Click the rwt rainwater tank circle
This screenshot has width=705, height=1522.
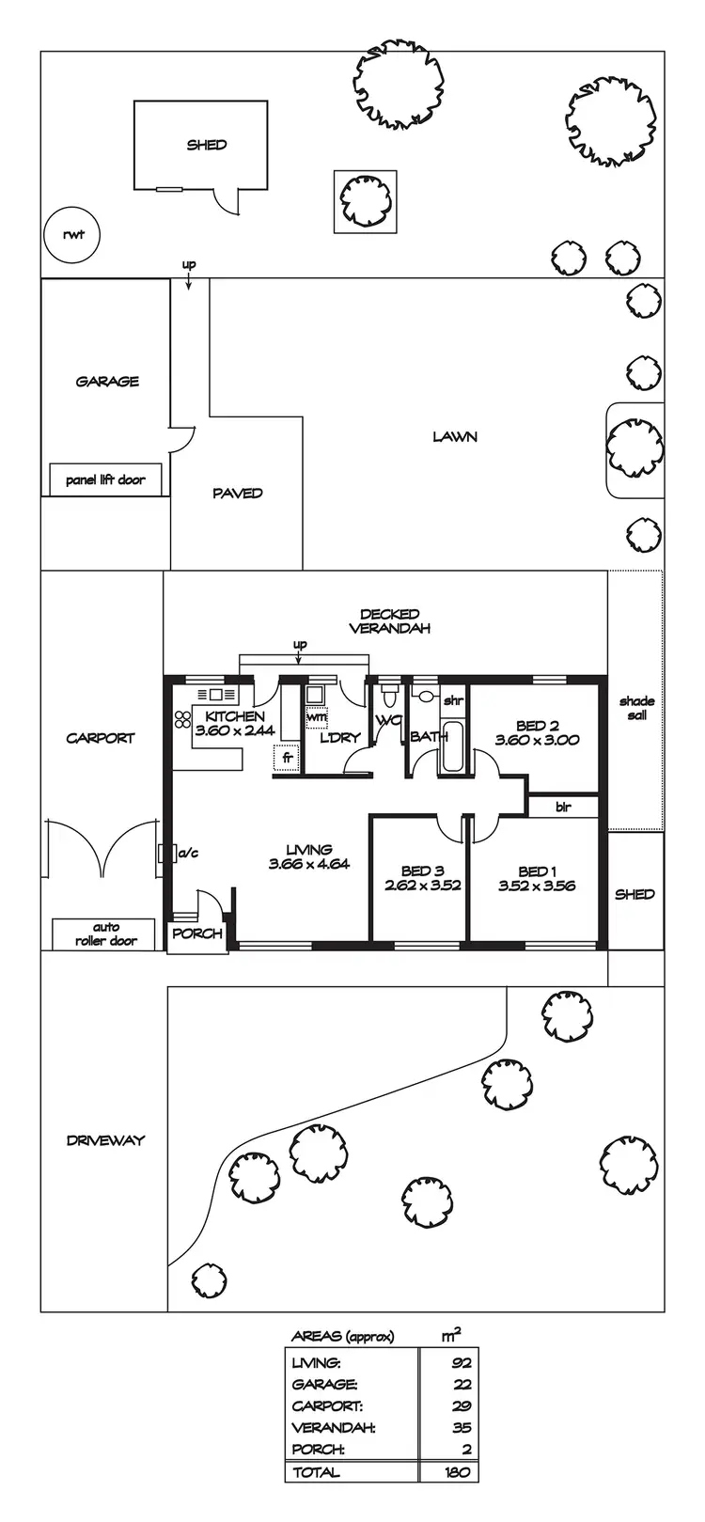(x=71, y=234)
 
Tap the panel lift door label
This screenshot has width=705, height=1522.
(x=105, y=479)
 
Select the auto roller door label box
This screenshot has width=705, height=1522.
(x=105, y=934)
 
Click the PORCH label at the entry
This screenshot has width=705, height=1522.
(x=197, y=934)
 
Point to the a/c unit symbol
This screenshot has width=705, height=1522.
(x=169, y=854)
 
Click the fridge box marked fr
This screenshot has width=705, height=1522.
(x=284, y=758)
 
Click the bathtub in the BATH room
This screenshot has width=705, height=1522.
(x=452, y=747)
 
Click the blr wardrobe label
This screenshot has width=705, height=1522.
(x=563, y=807)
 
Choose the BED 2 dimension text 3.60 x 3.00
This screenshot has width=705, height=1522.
(x=538, y=740)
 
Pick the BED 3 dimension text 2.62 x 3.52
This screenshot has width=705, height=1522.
(x=422, y=886)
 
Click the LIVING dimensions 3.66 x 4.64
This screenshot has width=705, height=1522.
(x=308, y=864)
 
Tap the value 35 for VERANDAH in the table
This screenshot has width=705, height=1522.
(x=460, y=1427)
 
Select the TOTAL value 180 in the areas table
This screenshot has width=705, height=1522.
(x=456, y=1472)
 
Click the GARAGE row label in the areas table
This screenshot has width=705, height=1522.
(x=324, y=1384)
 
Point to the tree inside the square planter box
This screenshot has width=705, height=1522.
(x=365, y=200)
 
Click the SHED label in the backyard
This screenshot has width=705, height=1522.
(x=206, y=145)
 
